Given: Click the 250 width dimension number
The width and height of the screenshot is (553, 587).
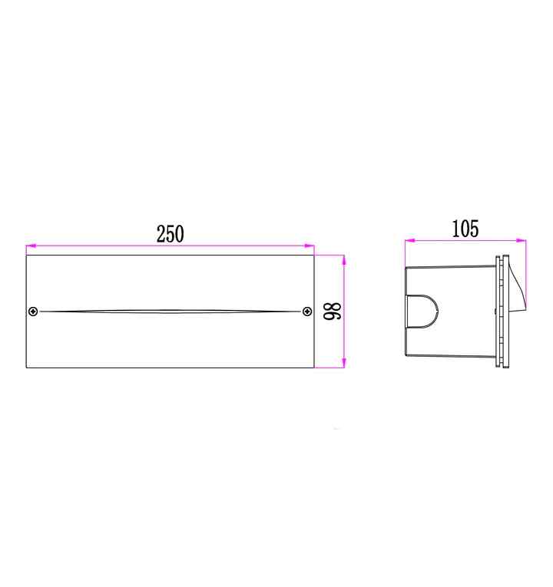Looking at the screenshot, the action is point(170,234).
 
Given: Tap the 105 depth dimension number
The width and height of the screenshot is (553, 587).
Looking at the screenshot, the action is point(465,229).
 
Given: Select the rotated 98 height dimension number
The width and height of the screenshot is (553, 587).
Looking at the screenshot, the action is point(333,311).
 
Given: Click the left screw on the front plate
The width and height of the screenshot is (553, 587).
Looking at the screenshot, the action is point(33,311).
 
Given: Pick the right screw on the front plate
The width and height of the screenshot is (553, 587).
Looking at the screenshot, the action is point(307,311).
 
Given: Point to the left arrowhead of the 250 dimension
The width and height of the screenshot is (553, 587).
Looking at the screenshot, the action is point(31,246).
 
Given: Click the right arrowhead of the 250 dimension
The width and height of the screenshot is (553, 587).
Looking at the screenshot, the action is point(310,246).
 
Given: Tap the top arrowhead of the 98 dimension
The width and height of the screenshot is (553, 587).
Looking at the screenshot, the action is point(344,260).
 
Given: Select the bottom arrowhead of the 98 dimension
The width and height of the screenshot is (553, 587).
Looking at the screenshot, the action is point(344,362).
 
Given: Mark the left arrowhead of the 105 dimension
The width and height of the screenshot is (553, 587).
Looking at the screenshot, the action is point(410,240).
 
